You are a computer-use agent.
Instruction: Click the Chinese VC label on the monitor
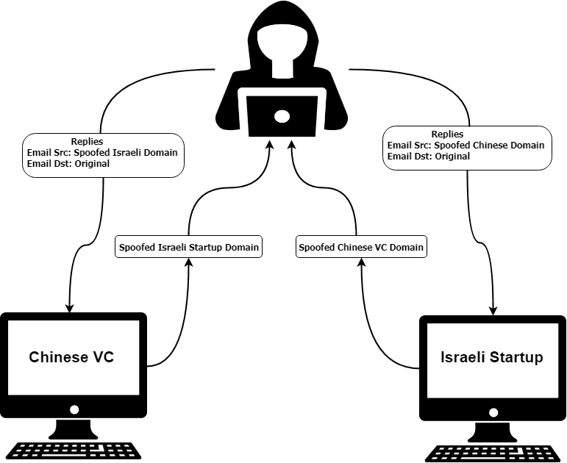click(x=72, y=357)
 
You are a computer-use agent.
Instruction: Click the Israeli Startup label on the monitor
click(x=491, y=357)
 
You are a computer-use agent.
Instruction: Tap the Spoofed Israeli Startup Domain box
click(x=189, y=247)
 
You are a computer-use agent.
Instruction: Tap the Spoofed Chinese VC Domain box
click(x=361, y=247)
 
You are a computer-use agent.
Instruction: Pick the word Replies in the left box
click(x=88, y=141)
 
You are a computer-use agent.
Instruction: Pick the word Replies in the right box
click(x=447, y=134)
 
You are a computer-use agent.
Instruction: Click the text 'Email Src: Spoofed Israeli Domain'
click(x=101, y=152)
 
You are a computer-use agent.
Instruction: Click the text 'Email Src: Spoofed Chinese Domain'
click(x=466, y=146)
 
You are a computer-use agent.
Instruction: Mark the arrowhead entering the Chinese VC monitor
click(x=69, y=306)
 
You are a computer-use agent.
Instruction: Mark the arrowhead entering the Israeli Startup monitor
click(x=493, y=309)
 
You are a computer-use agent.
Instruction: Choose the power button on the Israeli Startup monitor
click(x=493, y=412)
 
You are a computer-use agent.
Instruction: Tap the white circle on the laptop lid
click(x=282, y=115)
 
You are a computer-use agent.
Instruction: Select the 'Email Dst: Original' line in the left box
click(x=68, y=163)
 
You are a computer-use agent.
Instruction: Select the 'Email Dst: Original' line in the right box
click(x=429, y=157)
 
